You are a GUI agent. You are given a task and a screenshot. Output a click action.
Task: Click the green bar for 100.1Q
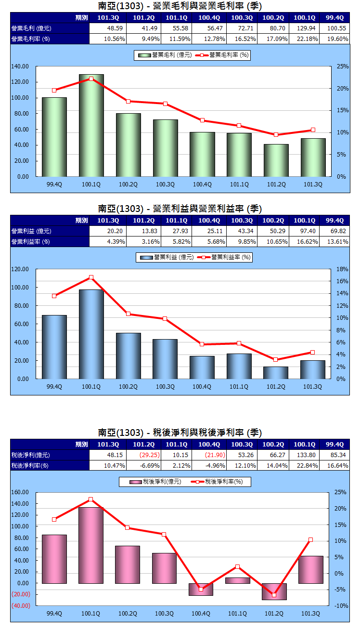(91, 125)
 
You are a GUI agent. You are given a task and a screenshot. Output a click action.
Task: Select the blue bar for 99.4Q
(54, 347)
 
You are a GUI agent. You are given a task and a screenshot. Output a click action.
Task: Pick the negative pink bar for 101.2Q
(274, 591)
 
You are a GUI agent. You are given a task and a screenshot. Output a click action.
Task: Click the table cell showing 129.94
(304, 28)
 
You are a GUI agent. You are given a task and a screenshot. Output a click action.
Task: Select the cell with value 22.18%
(304, 39)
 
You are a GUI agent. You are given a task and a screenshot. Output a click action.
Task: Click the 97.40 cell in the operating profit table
(304, 231)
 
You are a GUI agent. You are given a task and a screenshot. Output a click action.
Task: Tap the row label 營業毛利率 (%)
(31, 39)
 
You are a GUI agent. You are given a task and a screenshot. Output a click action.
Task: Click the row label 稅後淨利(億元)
(31, 455)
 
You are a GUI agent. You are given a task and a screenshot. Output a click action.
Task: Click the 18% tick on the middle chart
(341, 269)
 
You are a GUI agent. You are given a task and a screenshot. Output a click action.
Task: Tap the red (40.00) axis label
(21, 605)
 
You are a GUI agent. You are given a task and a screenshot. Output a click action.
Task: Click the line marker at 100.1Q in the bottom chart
(91, 499)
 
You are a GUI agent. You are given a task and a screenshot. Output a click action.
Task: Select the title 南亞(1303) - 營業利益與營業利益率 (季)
(180, 209)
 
